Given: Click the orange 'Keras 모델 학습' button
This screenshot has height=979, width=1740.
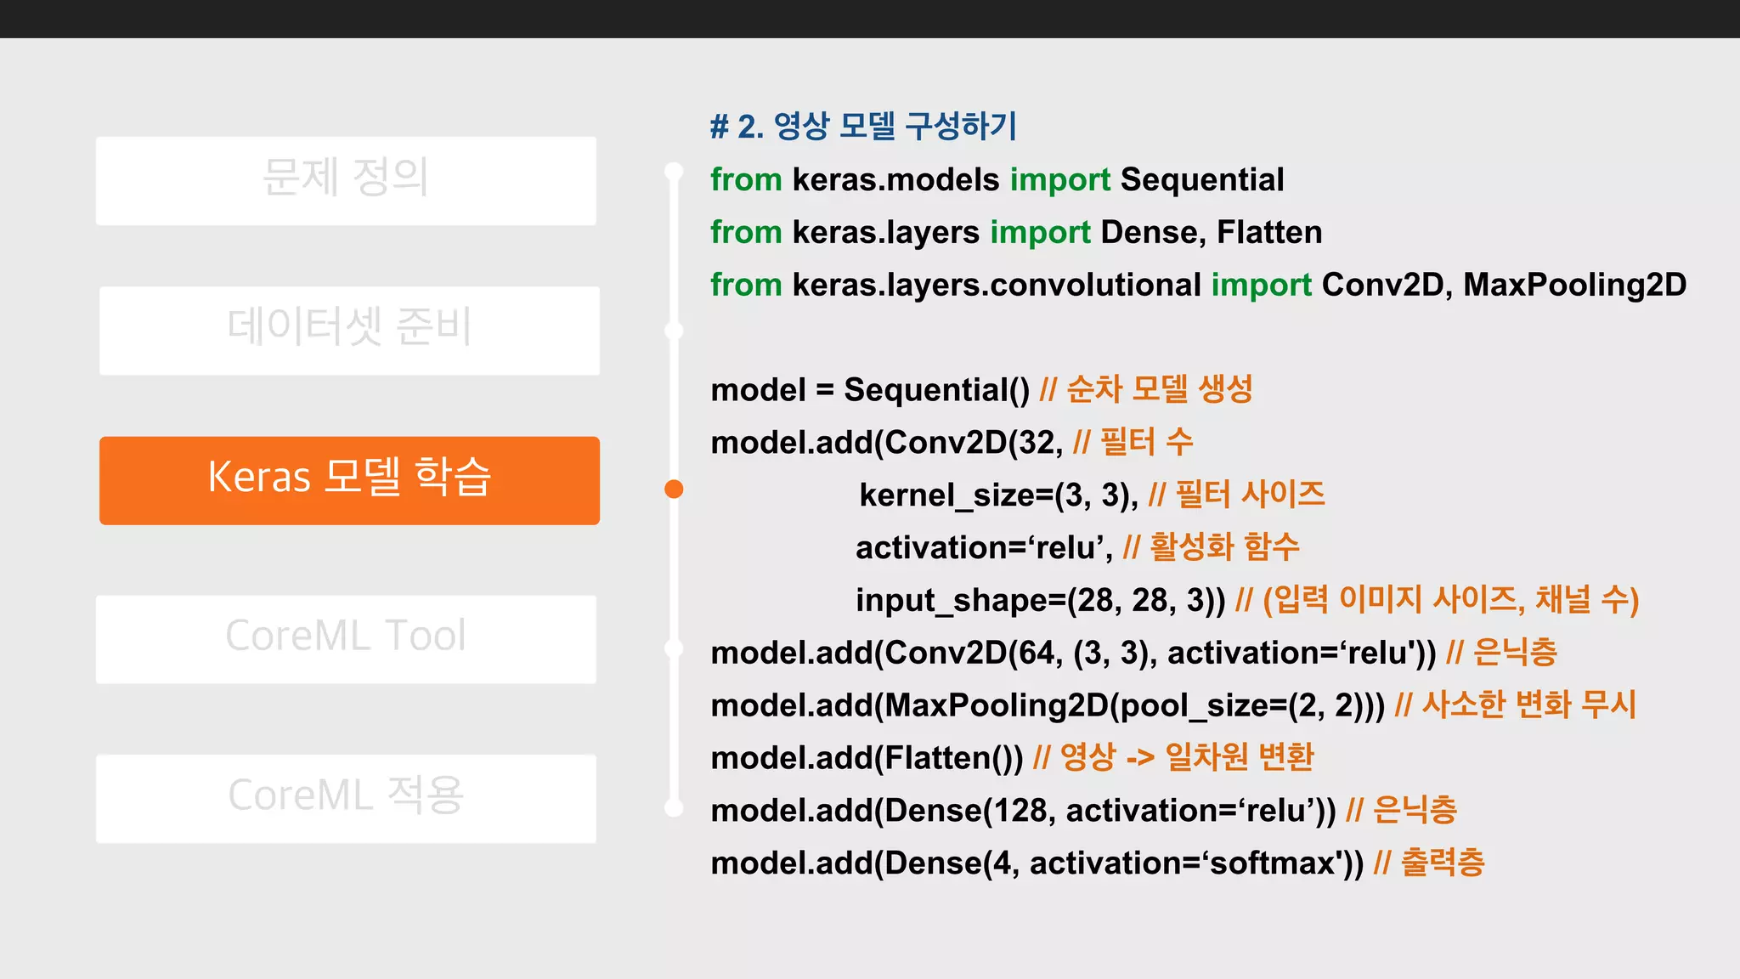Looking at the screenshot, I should point(349,480).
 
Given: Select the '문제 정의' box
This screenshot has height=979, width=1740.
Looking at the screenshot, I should point(346,180).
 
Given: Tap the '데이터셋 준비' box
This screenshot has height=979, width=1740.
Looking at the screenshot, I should point(349,330).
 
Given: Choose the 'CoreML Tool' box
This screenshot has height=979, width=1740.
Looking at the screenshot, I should point(346,638).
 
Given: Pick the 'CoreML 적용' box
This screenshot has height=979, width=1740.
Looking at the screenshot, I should point(346,798).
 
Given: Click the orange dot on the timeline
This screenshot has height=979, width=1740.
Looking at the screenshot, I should point(674,489).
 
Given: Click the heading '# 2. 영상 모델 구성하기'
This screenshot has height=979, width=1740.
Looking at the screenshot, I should point(863,127).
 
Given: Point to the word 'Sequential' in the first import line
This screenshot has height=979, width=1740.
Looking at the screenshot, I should point(1201,180).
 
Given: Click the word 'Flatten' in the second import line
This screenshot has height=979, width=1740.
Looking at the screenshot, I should point(1269,233).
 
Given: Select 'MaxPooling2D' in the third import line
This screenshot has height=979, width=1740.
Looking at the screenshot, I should point(1574,286).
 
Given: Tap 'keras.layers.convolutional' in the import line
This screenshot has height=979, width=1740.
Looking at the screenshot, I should point(997,286).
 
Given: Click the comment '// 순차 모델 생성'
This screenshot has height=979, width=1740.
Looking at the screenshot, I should point(1146,390).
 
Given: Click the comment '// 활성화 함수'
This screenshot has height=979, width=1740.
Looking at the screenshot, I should point(1211,547).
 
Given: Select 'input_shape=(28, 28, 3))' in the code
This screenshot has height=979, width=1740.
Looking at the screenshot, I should point(1040,601).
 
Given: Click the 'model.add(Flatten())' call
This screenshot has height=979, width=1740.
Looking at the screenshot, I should point(867,758).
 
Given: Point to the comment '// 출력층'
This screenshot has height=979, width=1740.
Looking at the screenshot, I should point(1429,863).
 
